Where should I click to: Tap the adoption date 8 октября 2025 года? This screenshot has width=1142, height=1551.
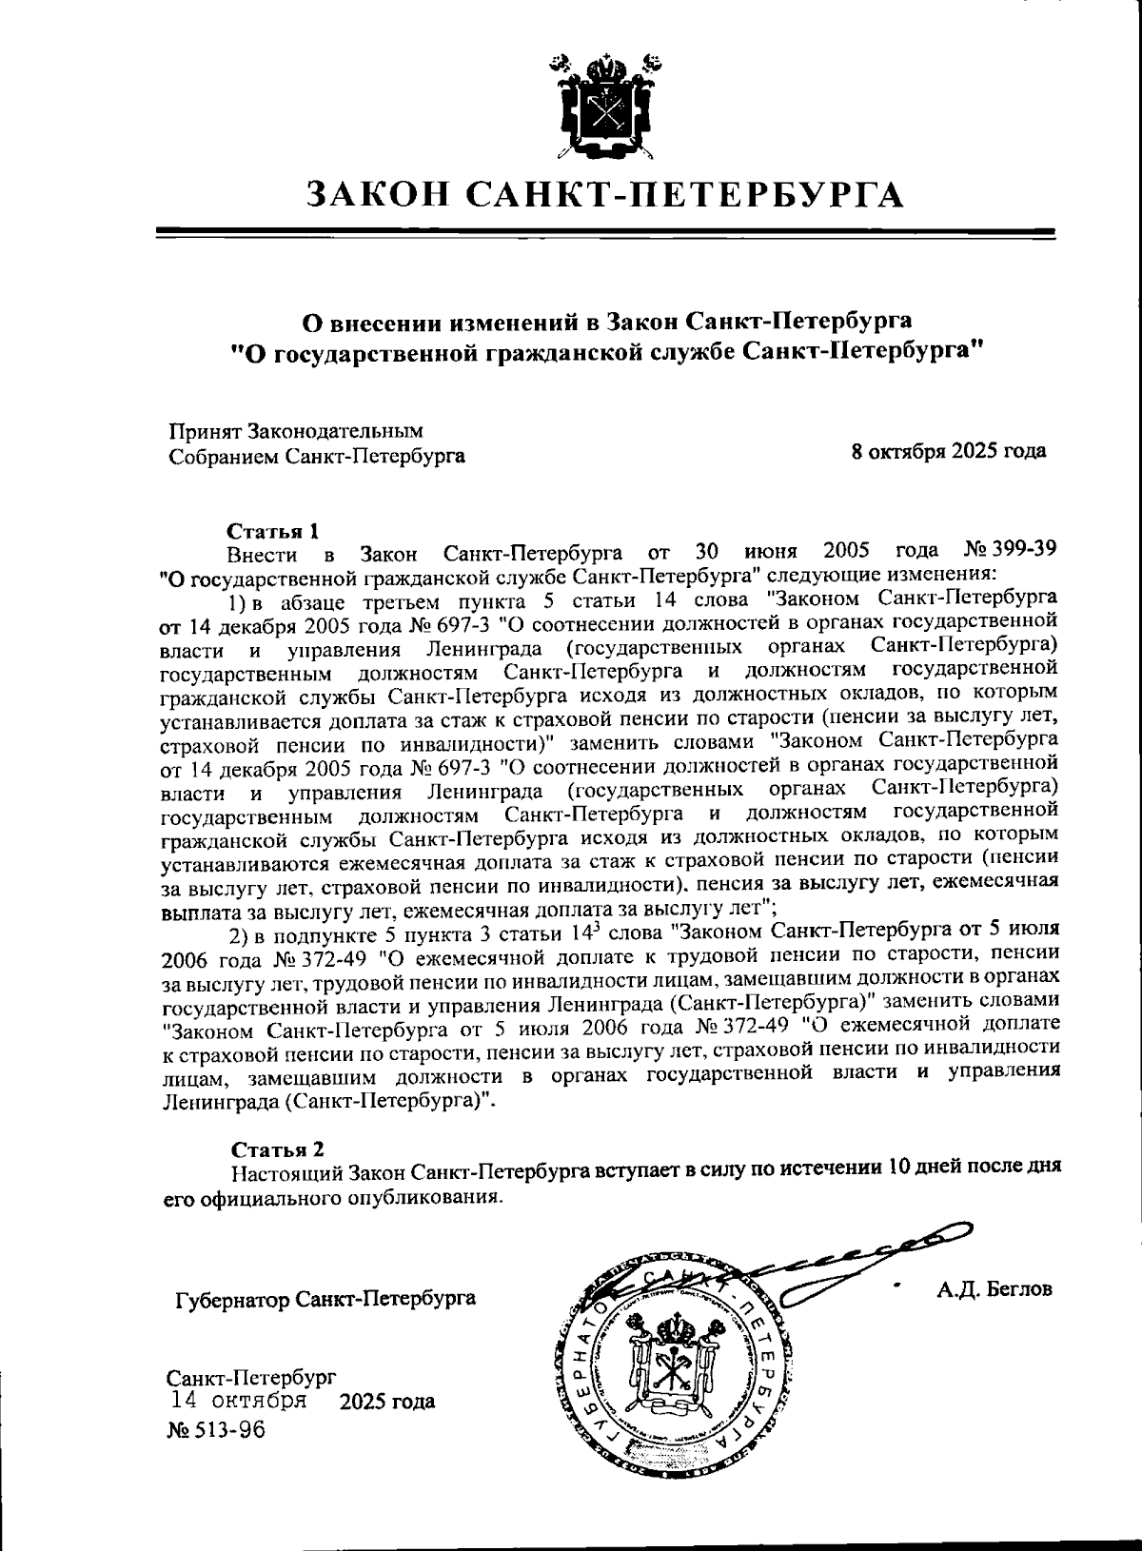[949, 451]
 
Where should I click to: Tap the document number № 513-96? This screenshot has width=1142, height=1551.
[216, 1430]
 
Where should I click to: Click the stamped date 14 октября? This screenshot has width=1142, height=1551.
[238, 1401]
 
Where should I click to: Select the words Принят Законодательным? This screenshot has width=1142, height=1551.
[296, 431]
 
